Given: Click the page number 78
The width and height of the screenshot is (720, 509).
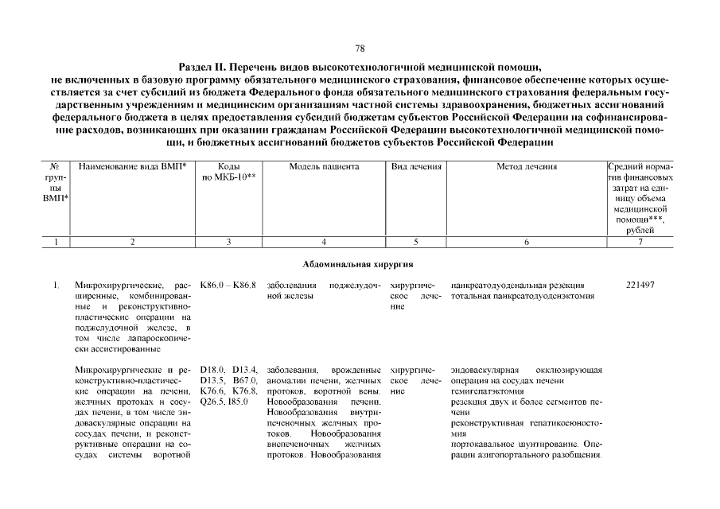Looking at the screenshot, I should [360, 49].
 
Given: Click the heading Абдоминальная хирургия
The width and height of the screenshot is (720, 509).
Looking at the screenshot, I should [360, 263].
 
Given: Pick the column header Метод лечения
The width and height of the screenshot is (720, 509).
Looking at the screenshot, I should [526, 167].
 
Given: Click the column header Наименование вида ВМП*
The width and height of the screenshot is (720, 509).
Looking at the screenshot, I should [132, 167].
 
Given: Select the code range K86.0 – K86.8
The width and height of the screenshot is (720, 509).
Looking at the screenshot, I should [228, 285].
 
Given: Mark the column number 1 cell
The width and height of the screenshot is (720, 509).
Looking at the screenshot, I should [55, 242].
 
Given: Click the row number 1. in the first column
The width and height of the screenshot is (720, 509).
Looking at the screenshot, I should [56, 285].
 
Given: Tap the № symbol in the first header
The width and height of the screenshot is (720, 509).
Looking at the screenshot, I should [55, 167].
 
